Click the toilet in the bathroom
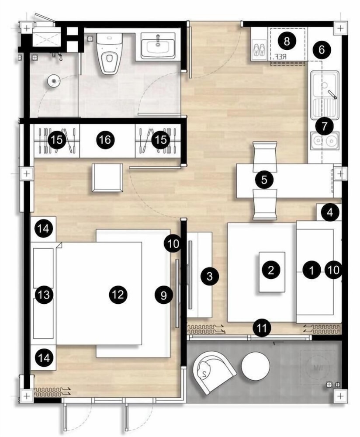point(109,53)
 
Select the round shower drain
point(53,81)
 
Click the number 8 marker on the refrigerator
point(287,42)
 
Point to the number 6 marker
point(322,50)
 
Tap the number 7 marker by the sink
point(325,127)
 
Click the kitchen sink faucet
point(332,94)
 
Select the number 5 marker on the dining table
point(264,180)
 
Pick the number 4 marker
point(330,212)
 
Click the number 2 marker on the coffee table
point(271,270)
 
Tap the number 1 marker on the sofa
point(312,270)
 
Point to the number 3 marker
point(210,276)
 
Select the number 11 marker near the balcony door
point(262,328)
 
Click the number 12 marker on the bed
point(118,294)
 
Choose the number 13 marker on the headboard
point(44,295)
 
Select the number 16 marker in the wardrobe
point(105,139)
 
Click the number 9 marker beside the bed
point(164,295)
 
